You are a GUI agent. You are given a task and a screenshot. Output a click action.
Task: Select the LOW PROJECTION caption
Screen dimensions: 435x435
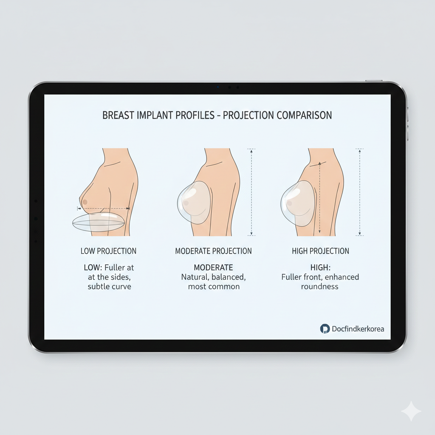click(x=108, y=251)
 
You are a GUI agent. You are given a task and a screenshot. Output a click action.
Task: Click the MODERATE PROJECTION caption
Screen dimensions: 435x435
click(x=213, y=251)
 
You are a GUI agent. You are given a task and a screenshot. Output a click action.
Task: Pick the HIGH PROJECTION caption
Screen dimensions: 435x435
click(x=320, y=251)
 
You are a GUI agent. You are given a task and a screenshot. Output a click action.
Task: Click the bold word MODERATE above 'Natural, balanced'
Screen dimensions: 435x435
click(x=213, y=268)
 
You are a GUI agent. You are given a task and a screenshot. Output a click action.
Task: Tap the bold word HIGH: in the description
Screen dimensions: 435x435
click(x=320, y=268)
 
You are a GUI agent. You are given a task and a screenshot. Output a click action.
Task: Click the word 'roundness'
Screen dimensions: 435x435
click(x=319, y=286)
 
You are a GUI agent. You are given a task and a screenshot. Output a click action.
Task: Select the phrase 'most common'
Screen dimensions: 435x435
click(x=214, y=286)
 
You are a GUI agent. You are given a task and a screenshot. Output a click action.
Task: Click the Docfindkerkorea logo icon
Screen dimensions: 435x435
click(x=325, y=329)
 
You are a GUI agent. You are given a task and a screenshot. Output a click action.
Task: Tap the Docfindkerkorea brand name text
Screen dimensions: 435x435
click(x=358, y=329)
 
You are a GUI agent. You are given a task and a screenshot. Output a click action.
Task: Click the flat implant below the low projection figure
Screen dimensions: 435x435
click(x=98, y=222)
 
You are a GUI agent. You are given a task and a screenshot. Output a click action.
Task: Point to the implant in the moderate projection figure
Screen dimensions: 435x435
click(x=194, y=203)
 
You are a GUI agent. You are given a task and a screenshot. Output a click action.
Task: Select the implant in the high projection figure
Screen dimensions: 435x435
click(x=298, y=203)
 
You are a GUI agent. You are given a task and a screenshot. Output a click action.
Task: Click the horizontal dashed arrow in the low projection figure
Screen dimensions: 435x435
click(x=104, y=208)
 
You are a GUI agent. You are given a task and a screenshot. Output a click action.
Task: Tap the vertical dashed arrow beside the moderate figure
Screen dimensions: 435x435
click(x=251, y=192)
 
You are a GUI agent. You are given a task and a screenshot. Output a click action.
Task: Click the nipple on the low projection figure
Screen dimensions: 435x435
click(x=85, y=202)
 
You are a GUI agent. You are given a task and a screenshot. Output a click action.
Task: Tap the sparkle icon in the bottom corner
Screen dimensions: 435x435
click(x=411, y=411)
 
